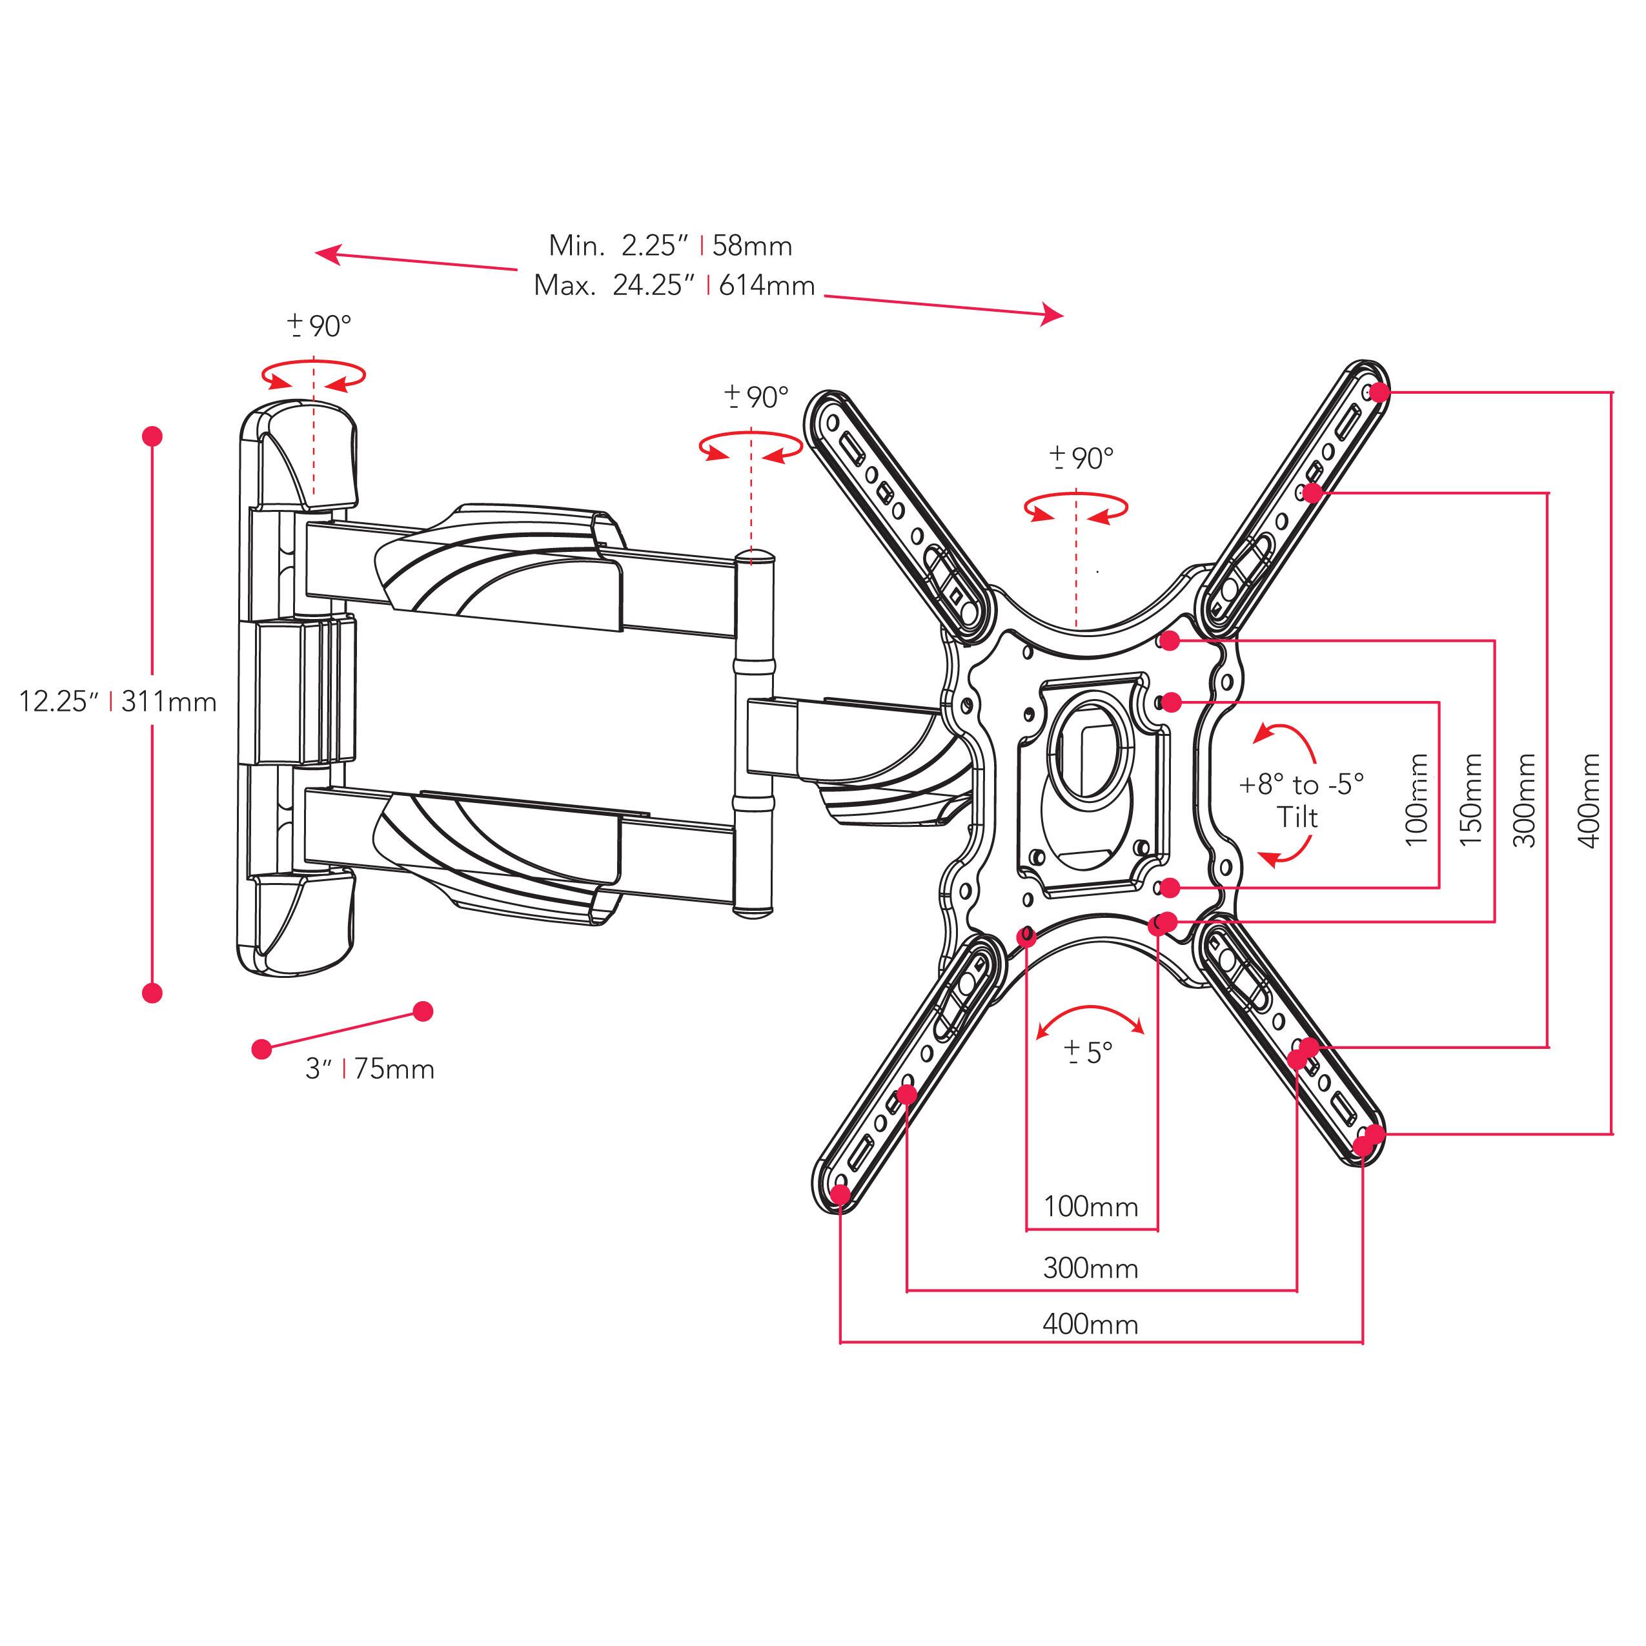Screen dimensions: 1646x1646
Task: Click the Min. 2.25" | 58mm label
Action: tap(671, 245)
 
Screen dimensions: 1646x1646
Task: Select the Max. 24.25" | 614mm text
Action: tap(674, 285)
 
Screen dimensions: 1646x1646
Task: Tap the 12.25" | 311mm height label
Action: tap(117, 702)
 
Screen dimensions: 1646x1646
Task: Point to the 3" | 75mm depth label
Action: tap(370, 1068)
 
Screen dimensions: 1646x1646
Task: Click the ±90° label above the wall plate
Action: tap(320, 325)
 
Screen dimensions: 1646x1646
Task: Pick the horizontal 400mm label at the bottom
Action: tap(1090, 1324)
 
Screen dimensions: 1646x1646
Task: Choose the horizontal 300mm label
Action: tap(1090, 1268)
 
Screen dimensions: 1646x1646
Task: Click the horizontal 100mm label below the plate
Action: tap(1090, 1206)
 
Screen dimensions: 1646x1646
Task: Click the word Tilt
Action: tap(1297, 818)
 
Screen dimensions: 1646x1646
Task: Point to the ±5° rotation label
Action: tap(1089, 1053)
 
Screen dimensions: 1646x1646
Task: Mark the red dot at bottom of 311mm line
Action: tap(152, 993)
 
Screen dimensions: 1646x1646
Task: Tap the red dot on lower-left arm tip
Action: tap(840, 1194)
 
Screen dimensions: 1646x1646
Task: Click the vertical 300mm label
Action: tap(1529, 799)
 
